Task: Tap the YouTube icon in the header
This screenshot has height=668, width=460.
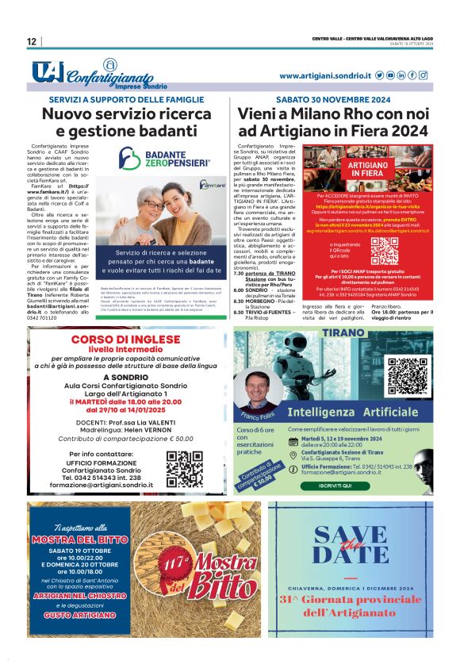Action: click(x=390, y=75)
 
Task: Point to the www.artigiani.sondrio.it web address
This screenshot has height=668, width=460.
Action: click(x=325, y=75)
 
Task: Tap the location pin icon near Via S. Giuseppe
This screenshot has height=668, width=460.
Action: click(x=294, y=455)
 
